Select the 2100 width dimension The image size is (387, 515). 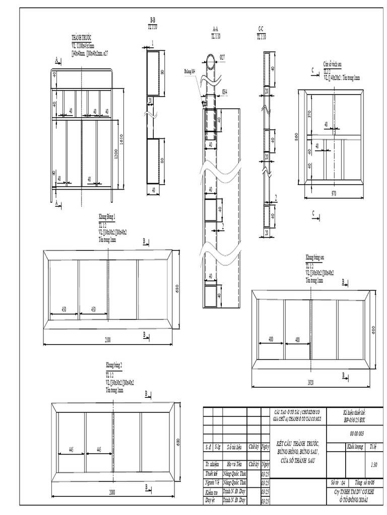point(108,340)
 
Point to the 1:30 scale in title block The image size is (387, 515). point(373,465)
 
